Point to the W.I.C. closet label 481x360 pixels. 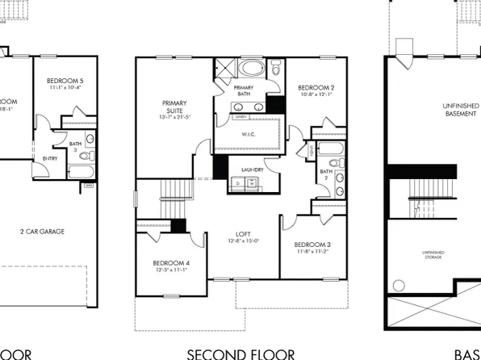click(x=249, y=135)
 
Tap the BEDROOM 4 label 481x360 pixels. click(x=171, y=263)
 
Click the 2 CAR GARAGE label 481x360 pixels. click(x=43, y=232)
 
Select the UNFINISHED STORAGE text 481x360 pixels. click(x=433, y=256)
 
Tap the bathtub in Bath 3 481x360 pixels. click(x=81, y=171)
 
